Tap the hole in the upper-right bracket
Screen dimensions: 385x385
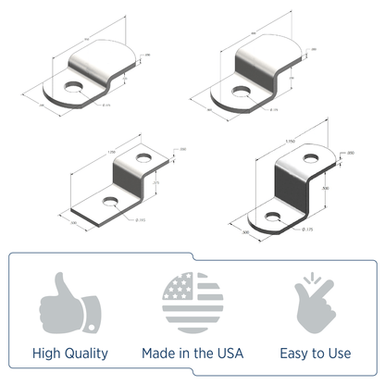coord(242,91)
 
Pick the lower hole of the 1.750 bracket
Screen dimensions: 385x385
coord(274,216)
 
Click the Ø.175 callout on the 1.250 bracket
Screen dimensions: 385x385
coord(140,219)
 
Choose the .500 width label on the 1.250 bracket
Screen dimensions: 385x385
coord(72,222)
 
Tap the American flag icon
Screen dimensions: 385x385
coord(192,303)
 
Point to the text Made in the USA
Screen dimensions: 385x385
coord(192,353)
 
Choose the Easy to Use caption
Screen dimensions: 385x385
coord(315,353)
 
